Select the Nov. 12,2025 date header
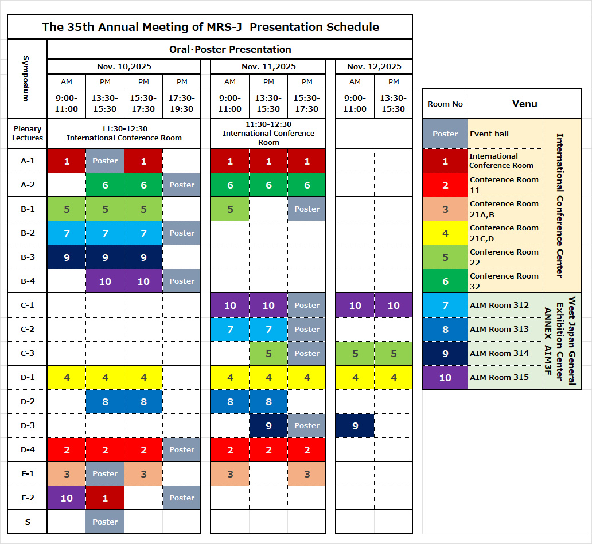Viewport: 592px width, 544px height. point(374,66)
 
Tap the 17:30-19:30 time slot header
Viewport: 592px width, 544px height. point(182,103)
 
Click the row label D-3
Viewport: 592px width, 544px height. point(28,425)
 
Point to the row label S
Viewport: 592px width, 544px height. point(28,522)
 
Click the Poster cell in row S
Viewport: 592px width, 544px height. point(105,522)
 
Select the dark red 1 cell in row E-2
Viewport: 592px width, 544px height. point(105,498)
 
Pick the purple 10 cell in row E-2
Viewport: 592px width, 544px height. point(67,498)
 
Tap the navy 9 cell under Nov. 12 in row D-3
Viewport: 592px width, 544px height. point(355,425)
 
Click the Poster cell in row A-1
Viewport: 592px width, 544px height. point(105,161)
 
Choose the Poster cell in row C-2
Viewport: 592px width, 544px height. point(306,330)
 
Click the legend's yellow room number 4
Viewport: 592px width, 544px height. point(445,233)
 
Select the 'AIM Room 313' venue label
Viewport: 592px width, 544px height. point(499,330)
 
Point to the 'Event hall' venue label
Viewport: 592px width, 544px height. point(489,134)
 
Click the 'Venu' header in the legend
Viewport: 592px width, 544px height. point(524,104)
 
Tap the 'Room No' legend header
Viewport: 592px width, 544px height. point(445,104)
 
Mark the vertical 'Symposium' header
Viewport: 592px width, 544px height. point(26,79)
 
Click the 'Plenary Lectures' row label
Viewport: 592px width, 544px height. point(28,133)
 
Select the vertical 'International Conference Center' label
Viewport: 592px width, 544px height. point(560,206)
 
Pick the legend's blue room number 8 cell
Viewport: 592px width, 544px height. point(445,330)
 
